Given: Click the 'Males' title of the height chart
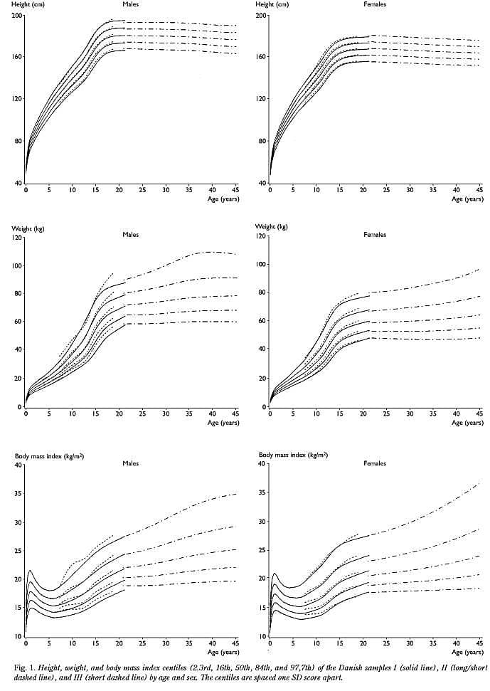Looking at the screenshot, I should coord(130,4).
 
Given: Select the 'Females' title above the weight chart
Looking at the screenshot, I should coord(374,234).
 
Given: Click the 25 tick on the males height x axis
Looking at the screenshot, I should coord(142,191).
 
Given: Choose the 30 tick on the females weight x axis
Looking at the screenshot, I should coord(410,413).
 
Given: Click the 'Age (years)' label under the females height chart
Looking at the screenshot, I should coord(468,199).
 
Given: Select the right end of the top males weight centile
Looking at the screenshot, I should coord(235,254).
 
